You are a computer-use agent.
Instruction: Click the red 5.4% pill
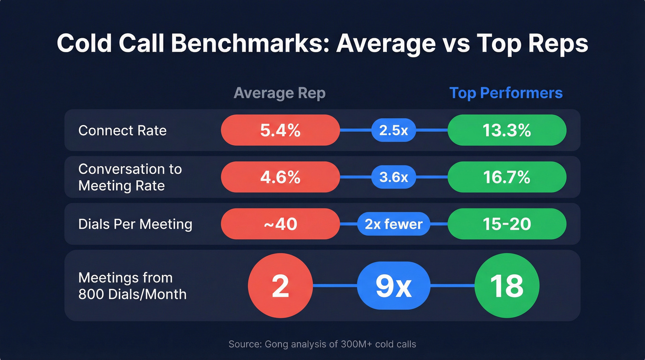[280, 130]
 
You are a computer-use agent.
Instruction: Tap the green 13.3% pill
[507, 130]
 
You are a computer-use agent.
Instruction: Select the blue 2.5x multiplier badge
[393, 130]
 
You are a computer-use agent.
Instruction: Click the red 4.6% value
[280, 177]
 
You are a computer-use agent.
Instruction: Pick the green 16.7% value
[507, 177]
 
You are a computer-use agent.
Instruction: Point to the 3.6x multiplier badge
[393, 177]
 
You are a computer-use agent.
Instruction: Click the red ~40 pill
[280, 224]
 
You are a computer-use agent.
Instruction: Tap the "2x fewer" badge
[393, 224]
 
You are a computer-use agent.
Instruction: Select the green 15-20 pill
[507, 224]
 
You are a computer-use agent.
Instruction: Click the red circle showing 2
[280, 286]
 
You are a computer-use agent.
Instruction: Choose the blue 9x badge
[393, 286]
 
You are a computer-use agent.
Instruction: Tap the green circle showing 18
[507, 286]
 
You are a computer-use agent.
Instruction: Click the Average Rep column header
[280, 93]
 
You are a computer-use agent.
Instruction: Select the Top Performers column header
[506, 93]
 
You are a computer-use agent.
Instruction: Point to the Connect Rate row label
[123, 130]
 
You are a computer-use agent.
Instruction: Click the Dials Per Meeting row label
[135, 224]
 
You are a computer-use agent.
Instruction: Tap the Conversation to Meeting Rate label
[130, 177]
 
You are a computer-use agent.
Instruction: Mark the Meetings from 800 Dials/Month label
[132, 286]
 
